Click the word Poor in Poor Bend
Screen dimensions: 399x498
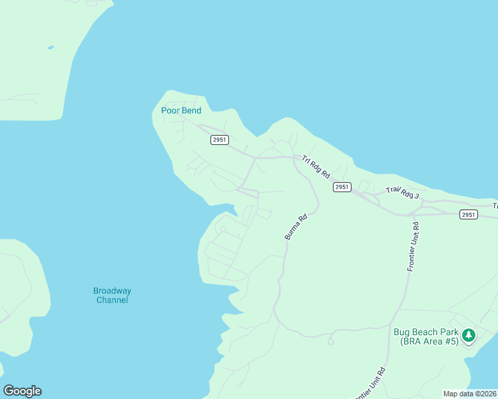(x=170, y=110)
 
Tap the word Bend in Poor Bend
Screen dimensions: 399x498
(x=191, y=110)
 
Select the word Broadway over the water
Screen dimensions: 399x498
(x=112, y=291)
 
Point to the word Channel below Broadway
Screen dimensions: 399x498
(x=112, y=300)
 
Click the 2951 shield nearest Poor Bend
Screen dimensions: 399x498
(x=220, y=140)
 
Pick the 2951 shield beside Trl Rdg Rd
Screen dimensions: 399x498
(x=342, y=188)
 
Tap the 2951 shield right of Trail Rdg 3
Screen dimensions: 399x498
(x=468, y=214)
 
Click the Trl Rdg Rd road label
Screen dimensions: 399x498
(x=316, y=166)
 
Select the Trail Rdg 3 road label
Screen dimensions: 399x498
(x=403, y=192)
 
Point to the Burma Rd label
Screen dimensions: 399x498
(x=296, y=227)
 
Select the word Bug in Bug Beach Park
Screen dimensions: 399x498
(x=401, y=332)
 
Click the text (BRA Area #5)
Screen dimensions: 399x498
(x=429, y=341)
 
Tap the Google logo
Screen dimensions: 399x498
(x=22, y=391)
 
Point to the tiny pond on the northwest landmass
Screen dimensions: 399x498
(x=50, y=47)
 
